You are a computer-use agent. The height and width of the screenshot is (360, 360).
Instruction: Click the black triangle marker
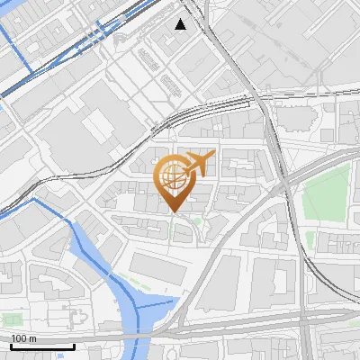(181, 24)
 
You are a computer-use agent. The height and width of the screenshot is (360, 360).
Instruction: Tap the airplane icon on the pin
(199, 164)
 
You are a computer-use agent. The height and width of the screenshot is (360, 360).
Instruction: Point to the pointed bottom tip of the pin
(173, 212)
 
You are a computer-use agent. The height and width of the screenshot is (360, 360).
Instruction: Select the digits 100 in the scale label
(19, 338)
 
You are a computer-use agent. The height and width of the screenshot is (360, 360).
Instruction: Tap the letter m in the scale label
(32, 339)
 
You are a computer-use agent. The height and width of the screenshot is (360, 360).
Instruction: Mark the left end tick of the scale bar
(11, 345)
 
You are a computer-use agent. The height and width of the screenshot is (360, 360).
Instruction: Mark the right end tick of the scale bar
(74, 345)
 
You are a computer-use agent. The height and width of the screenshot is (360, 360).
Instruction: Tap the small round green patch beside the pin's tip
(196, 219)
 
